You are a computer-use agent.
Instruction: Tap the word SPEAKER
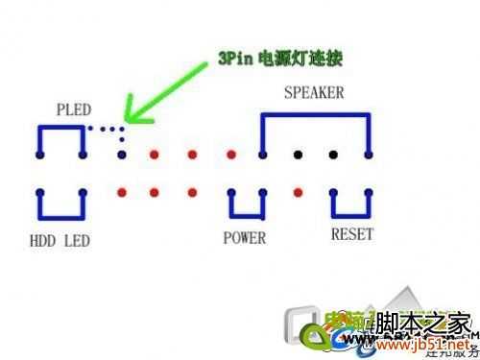point(314,93)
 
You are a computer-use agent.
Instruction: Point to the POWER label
point(245,236)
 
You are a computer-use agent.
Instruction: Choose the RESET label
point(352,234)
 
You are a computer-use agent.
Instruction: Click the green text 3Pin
point(233,60)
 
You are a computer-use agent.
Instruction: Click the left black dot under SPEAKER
point(298,154)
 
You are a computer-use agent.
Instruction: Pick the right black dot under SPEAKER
point(334,154)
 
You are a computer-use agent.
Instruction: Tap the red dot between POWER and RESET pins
point(298,192)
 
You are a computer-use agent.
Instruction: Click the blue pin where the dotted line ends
point(122,154)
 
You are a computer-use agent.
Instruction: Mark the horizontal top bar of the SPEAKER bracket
point(314,115)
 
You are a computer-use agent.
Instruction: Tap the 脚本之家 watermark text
point(422,324)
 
